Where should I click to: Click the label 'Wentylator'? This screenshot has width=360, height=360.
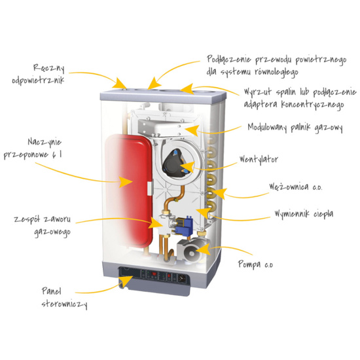point(259,159)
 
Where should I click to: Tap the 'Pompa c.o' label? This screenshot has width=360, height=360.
point(255,264)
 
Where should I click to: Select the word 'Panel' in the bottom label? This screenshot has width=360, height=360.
point(52,291)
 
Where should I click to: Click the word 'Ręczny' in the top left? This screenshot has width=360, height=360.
point(49,68)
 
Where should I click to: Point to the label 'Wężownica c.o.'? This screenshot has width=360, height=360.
point(296,187)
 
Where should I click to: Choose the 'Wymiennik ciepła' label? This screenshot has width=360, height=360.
point(304,214)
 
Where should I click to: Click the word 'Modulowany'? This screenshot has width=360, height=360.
point(268,127)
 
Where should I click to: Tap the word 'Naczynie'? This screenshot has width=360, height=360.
point(45,142)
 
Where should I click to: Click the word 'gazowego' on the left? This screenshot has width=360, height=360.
point(52,232)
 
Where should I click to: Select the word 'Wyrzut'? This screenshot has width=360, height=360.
point(258,92)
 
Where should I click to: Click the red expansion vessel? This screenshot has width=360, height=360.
point(128,190)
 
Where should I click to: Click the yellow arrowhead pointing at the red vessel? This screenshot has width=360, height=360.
point(126,182)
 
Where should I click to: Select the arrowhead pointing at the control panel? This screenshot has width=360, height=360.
point(126,281)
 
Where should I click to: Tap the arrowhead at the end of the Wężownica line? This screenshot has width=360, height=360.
point(220,193)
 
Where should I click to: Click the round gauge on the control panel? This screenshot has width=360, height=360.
point(183,278)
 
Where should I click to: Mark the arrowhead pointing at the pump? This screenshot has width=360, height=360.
point(204,249)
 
